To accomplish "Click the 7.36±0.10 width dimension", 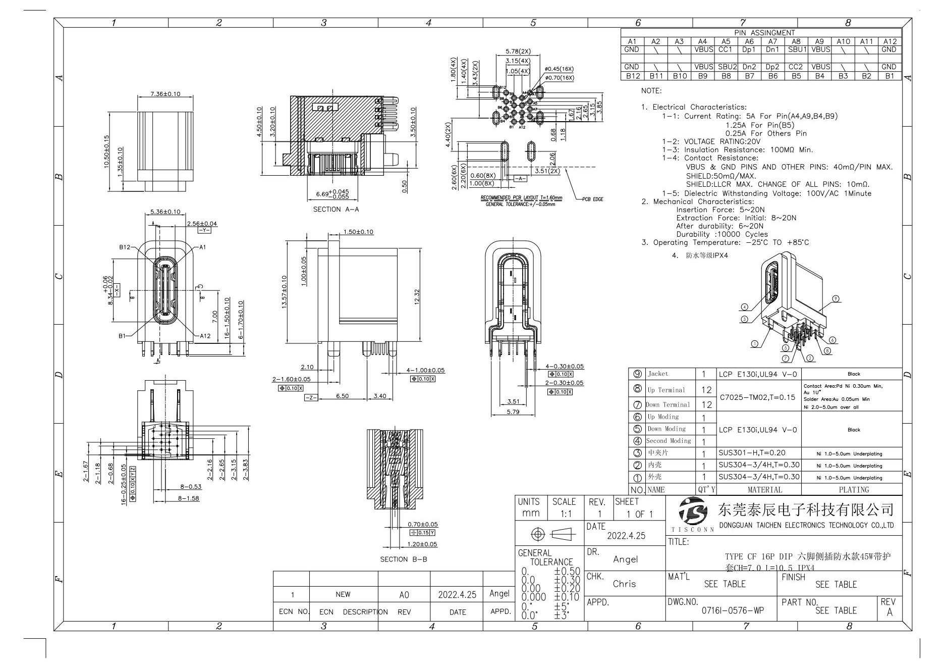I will point(165,94).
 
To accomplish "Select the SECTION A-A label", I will point(336,209).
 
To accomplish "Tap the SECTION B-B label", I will point(404,559).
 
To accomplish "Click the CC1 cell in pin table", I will point(725,49).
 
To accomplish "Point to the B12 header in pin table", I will point(632,76).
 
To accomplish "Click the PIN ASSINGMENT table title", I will point(764,33).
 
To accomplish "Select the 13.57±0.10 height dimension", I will point(284,292).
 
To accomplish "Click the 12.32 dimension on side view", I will point(417,297).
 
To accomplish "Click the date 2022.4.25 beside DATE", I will point(626,536).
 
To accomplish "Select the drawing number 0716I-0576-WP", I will point(733,610).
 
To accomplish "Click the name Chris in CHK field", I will point(624,584).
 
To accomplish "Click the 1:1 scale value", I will point(566,514).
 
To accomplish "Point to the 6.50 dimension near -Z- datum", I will point(342,396).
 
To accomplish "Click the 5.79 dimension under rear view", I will point(513,412).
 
